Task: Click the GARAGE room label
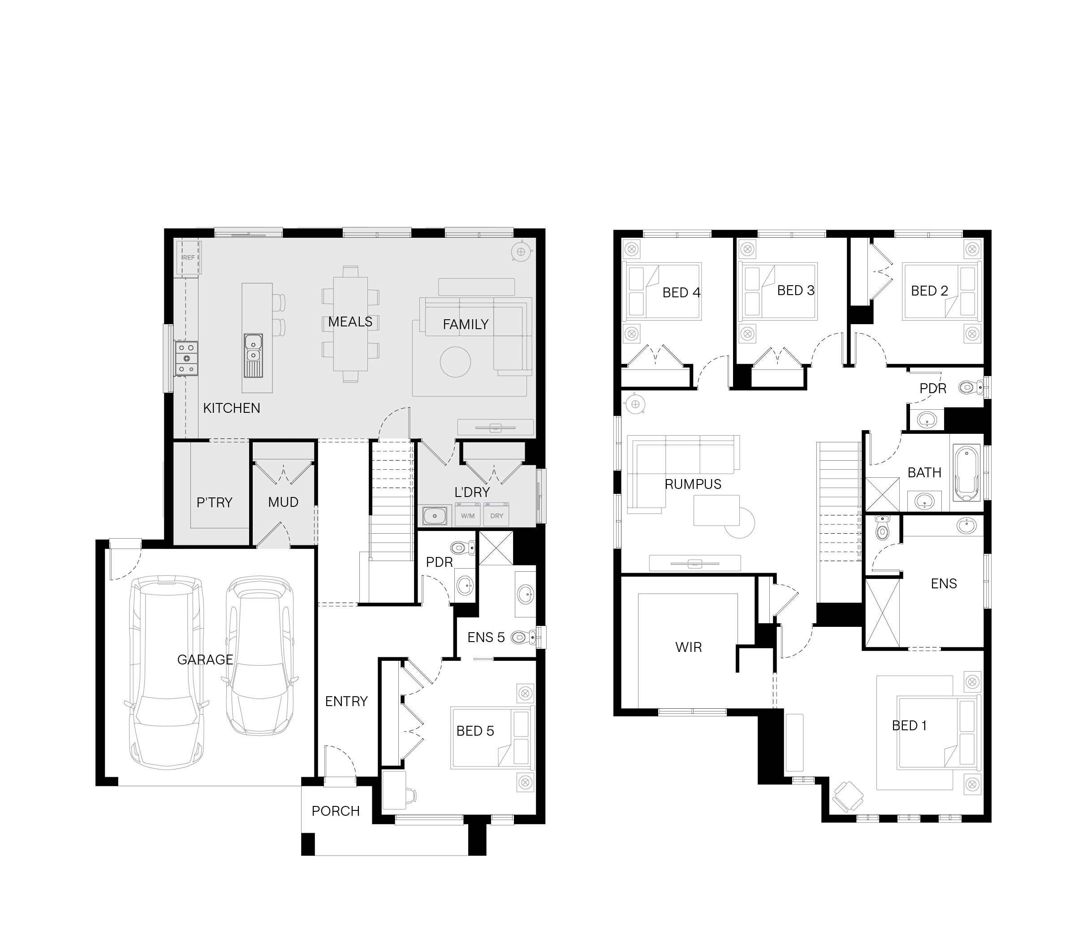(x=205, y=660)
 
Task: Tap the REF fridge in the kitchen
(x=189, y=258)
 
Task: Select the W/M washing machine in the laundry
(x=467, y=515)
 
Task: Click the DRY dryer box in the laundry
(x=496, y=515)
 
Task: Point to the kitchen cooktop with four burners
(x=187, y=358)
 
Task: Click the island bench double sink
(x=253, y=355)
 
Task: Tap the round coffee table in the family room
(x=455, y=362)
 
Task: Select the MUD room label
(x=283, y=502)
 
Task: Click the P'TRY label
(x=215, y=502)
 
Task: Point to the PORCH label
(x=336, y=811)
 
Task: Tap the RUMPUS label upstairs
(x=693, y=484)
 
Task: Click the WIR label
(x=689, y=647)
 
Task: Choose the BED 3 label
(x=795, y=290)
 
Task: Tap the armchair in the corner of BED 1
(x=847, y=797)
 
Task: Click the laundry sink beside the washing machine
(x=434, y=516)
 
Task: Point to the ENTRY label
(x=346, y=701)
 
